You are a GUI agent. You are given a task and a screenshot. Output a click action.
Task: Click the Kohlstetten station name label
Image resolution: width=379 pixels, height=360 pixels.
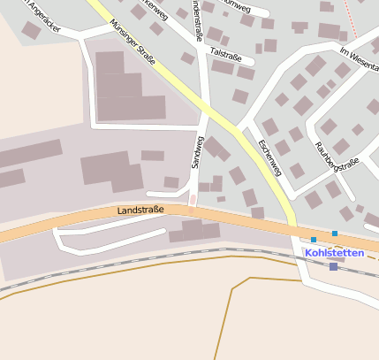[333, 252]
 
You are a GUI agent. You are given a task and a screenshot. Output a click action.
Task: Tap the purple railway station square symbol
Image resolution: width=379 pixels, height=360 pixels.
[333, 266]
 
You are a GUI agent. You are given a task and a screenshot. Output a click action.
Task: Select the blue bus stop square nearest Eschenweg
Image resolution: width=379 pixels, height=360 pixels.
[313, 239]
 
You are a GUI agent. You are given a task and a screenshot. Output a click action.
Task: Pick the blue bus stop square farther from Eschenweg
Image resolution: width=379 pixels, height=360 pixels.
[335, 234]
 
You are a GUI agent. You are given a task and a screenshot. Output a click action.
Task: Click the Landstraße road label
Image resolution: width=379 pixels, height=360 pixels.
[140, 211]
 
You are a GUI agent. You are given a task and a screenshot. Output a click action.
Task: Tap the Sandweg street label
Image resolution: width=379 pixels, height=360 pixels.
[199, 152]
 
